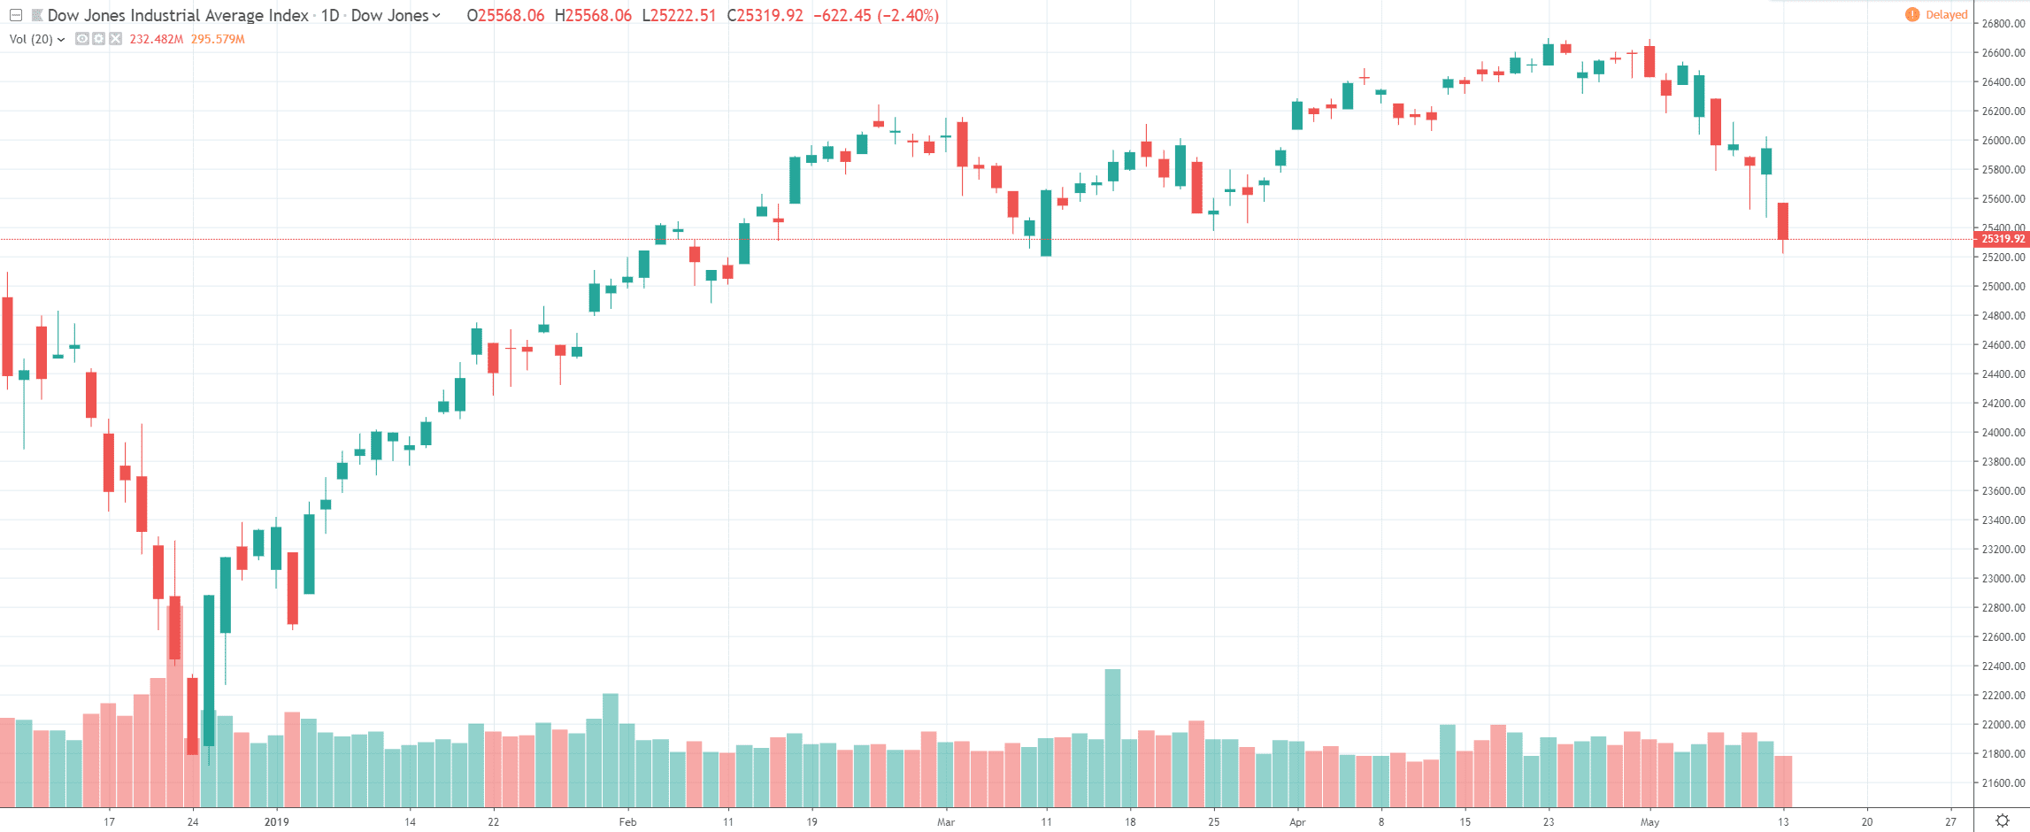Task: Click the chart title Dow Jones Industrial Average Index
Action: pyautogui.click(x=177, y=16)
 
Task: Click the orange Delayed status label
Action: pyautogui.click(x=1946, y=15)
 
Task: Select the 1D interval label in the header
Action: pyautogui.click(x=329, y=16)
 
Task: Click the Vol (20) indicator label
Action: pyautogui.click(x=31, y=39)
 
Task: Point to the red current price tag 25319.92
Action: pyautogui.click(x=2002, y=239)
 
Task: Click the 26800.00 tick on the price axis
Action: pyautogui.click(x=2003, y=24)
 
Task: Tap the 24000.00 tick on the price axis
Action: pyautogui.click(x=2003, y=433)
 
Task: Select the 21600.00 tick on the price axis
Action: pyautogui.click(x=2003, y=783)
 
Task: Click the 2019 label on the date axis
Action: pyautogui.click(x=276, y=822)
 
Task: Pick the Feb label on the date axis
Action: pyautogui.click(x=627, y=822)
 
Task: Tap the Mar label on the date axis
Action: pyautogui.click(x=946, y=822)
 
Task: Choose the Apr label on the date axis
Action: pyautogui.click(x=1297, y=822)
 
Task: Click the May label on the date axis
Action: pyautogui.click(x=1649, y=822)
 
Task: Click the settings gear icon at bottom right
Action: pyautogui.click(x=2002, y=821)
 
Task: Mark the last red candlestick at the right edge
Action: pyautogui.click(x=1783, y=221)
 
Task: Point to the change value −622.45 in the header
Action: pyautogui.click(x=842, y=16)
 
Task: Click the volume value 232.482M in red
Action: pyautogui.click(x=156, y=39)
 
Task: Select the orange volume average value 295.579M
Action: pyautogui.click(x=218, y=39)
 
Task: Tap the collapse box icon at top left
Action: pyautogui.click(x=16, y=16)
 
